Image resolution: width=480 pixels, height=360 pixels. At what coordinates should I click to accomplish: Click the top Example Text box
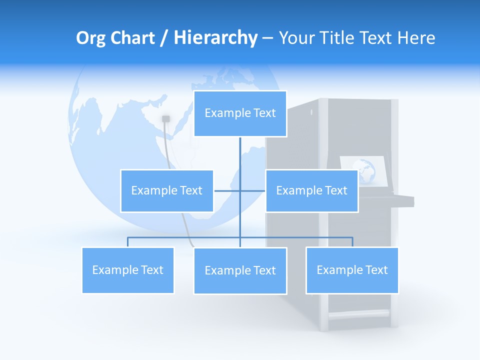[x=240, y=113]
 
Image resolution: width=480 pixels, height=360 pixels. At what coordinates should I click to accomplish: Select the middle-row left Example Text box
[x=166, y=191]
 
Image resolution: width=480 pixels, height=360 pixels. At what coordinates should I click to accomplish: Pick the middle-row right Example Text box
[x=311, y=191]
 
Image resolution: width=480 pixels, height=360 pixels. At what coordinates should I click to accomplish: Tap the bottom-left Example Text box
[x=127, y=270]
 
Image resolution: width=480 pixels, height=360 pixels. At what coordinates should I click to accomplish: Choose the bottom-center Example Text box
[x=240, y=271]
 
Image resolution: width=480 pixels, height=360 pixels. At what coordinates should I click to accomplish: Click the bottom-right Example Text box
[x=352, y=270]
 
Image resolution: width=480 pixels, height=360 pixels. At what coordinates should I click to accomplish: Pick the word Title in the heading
[x=340, y=38]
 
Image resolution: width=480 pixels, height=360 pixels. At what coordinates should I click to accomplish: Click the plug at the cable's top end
[x=166, y=119]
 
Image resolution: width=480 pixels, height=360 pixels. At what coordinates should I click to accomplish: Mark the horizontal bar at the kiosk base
[x=358, y=314]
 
